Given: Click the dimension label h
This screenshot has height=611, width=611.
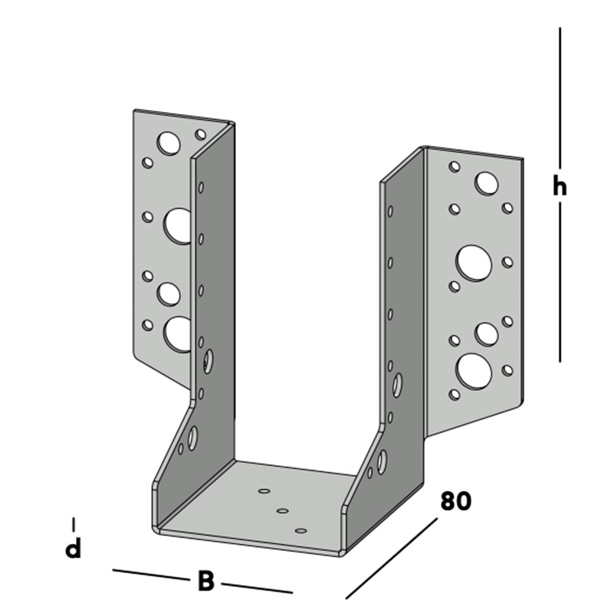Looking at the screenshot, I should click(x=559, y=187).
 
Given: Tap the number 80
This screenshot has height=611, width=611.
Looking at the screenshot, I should click(x=455, y=501).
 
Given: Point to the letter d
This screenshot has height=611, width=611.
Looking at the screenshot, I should click(x=73, y=549).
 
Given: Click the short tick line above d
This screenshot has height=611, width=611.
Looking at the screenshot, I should click(x=74, y=524).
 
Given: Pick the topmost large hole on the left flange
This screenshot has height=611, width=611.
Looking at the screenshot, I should click(x=169, y=143).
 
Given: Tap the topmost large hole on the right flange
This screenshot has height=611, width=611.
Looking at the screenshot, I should click(x=486, y=183).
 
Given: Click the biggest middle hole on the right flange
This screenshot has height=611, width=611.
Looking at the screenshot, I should click(x=474, y=263).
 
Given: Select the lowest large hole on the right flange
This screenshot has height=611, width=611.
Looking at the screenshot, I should click(x=475, y=371).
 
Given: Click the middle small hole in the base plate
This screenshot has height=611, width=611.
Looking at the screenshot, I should click(x=282, y=510).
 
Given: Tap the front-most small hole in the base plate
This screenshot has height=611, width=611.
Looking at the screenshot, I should click(x=300, y=530).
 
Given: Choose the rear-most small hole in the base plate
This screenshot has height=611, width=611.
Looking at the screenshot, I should click(x=264, y=490).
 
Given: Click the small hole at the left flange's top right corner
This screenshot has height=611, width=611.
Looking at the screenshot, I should click(x=200, y=134).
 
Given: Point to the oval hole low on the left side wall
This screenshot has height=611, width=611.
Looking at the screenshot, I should click(x=192, y=439).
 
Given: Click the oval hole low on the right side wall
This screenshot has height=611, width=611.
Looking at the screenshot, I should click(x=382, y=461).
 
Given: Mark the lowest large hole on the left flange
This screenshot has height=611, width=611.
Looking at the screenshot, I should click(x=177, y=334).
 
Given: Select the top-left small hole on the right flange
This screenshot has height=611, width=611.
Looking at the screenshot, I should click(x=455, y=166).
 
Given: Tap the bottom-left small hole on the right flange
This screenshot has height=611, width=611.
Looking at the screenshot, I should click(x=455, y=395).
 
